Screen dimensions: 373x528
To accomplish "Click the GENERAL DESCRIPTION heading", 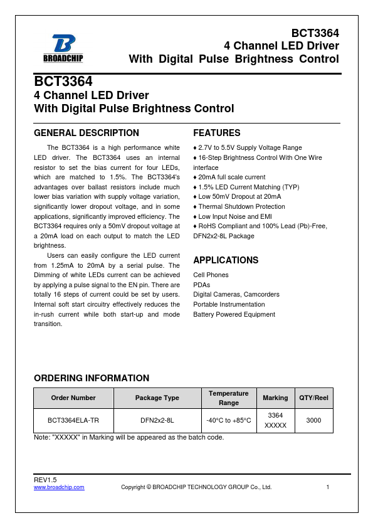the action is point(86,133).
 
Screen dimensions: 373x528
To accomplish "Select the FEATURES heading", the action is point(216,133).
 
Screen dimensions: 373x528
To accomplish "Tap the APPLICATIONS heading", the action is point(226,260).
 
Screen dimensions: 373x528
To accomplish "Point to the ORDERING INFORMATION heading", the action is point(91,378).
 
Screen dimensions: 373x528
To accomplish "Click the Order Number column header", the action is point(74,398).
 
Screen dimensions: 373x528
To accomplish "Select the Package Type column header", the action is point(157,398).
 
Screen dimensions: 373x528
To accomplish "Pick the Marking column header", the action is point(275,398).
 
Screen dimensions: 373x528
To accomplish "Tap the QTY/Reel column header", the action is point(313,398).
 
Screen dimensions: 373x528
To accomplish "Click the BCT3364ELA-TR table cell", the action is point(74,421).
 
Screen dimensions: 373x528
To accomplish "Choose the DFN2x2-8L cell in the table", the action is point(157,421).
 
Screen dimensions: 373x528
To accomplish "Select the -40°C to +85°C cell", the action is point(228,421).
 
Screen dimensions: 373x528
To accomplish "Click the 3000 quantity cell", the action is point(313,421).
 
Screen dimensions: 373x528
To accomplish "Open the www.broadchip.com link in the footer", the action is point(59,487).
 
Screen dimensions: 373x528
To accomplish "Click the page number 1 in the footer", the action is point(327,487).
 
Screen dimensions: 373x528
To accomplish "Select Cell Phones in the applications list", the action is point(211,275).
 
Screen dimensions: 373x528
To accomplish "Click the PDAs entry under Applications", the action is point(202,285).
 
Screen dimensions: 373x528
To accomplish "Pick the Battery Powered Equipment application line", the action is point(234,314).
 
